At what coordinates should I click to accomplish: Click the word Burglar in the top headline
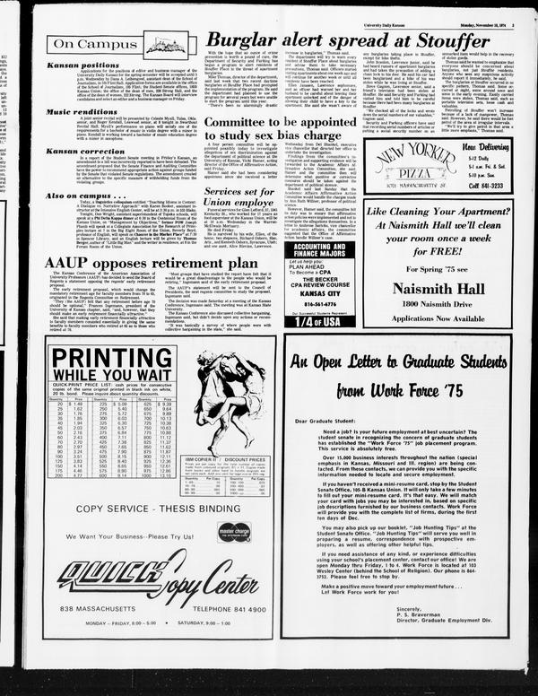pyautogui.click(x=234, y=39)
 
